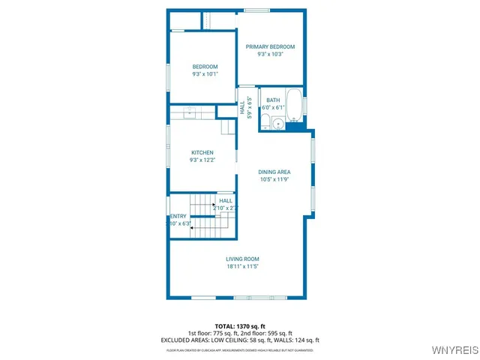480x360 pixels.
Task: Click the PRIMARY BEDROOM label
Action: point(270,46)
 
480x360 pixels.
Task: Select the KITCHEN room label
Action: point(202,152)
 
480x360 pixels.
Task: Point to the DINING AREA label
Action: point(274,172)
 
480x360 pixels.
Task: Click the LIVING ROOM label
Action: point(242,259)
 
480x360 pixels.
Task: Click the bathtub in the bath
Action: point(295,106)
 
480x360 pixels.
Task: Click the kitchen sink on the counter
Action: point(190,112)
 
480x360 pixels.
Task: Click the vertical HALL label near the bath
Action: point(243,109)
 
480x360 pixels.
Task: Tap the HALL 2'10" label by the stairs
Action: point(225,200)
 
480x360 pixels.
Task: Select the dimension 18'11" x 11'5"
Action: point(242,266)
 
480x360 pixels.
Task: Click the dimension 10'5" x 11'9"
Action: point(274,179)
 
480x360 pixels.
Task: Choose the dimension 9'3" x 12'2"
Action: point(202,160)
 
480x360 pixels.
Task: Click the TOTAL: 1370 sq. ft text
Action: point(239,326)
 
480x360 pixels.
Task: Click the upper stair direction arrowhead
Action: point(215,203)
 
